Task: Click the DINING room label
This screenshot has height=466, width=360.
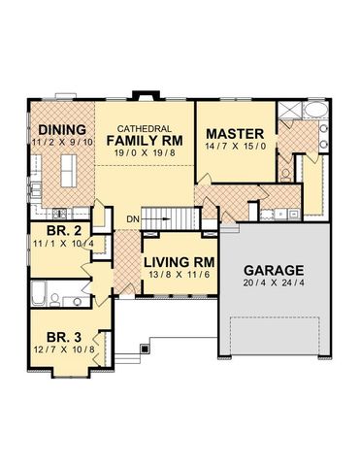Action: [x=61, y=129]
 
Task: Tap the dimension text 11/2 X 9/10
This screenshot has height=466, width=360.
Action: [x=61, y=142]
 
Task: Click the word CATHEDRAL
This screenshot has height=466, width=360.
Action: [x=145, y=129]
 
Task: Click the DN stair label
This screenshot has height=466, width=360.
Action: [x=132, y=219]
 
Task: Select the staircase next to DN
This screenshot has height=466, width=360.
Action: [x=160, y=219]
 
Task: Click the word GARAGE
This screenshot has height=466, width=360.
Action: [x=275, y=270]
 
